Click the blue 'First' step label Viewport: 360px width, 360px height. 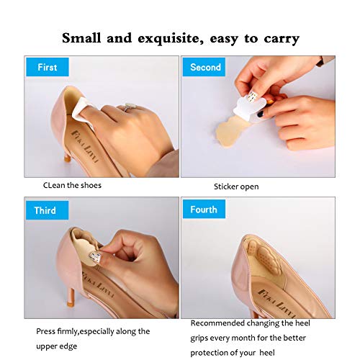point(48,68)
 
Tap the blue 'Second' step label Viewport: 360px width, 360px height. point(205,68)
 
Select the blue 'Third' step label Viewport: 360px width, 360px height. point(45,211)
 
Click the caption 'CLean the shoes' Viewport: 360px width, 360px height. point(72,185)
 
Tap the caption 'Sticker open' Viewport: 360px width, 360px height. point(235,186)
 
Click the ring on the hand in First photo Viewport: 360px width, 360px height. point(131,107)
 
